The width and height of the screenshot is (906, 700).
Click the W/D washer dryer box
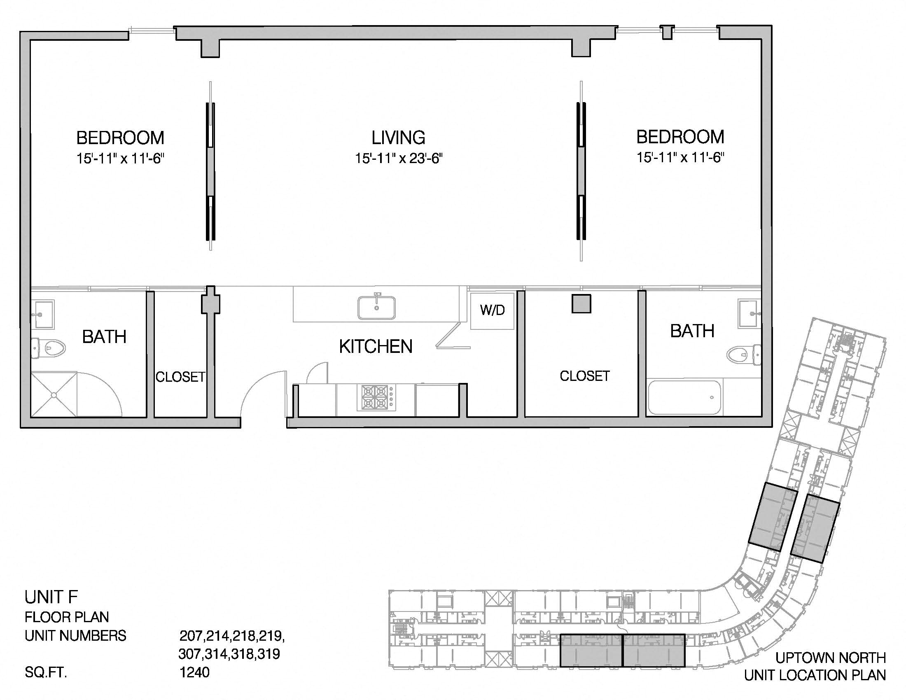[x=493, y=311]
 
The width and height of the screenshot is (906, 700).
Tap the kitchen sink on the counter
[x=376, y=306]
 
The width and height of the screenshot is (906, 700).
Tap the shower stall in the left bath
[x=54, y=394]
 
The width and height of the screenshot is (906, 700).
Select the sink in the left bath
[x=43, y=314]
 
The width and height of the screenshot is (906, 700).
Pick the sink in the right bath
[x=750, y=314]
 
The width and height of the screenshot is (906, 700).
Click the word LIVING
[x=398, y=138]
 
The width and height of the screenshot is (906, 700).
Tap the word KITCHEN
[x=376, y=347]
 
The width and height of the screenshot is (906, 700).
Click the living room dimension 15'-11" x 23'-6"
[x=399, y=159]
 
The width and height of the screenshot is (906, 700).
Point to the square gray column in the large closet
[x=581, y=304]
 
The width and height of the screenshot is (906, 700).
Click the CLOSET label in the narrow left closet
[x=180, y=377]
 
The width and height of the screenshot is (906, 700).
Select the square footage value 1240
[x=194, y=672]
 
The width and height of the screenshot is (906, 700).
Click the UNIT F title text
[x=51, y=597]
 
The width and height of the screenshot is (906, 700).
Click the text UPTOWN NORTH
[x=831, y=658]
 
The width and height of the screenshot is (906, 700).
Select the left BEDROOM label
[x=120, y=138]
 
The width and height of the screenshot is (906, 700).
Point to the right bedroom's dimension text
[x=680, y=158]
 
